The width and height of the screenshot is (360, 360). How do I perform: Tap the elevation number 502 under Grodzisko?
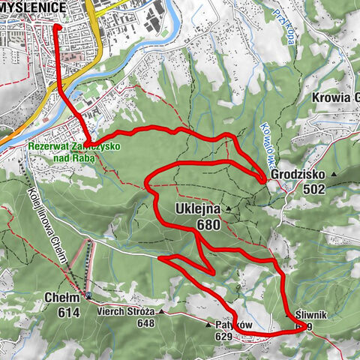pyautogui.click(x=314, y=190)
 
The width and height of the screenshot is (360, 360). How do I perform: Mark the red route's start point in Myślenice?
pyautogui.click(x=57, y=26)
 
